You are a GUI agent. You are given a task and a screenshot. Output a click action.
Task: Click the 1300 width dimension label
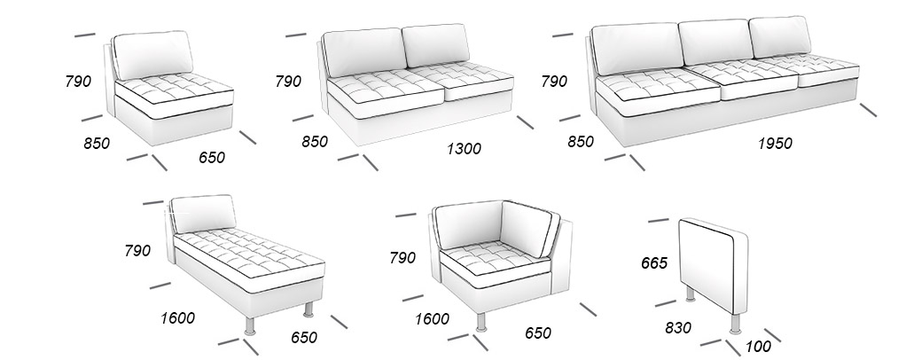pos(464,149)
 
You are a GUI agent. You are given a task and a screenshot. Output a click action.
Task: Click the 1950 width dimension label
pos(775,144)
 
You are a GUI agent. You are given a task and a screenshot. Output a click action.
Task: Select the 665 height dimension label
pos(654,263)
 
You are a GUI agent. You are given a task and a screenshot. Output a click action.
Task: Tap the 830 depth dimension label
pos(678,328)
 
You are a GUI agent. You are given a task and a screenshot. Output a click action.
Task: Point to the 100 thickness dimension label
pos(758,347)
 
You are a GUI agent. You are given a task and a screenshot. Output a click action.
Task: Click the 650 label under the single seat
pos(212,158)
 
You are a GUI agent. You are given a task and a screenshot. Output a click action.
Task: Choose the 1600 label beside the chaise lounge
pos(178,318)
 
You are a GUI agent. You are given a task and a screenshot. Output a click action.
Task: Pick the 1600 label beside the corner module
pos(432,319)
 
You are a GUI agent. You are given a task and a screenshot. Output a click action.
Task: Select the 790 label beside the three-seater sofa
pos(554,81)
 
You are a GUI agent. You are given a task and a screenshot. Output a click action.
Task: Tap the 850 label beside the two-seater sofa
pos(315,142)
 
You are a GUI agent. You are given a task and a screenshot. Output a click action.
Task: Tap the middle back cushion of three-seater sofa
pos(716,42)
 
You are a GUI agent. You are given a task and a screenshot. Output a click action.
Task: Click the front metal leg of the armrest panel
pos(736,324)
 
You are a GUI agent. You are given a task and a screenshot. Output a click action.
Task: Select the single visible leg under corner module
pos(480,322)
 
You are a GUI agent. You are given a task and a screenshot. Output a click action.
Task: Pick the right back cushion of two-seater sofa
pos(435,45)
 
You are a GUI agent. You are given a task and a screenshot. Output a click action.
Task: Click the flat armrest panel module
pos(714,266)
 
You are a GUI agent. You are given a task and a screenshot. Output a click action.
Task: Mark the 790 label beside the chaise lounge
pos(137,251)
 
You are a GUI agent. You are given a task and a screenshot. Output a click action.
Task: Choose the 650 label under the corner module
pos(537,333)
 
